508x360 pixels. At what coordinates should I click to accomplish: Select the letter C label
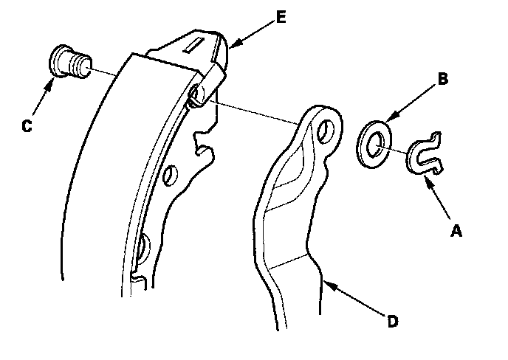[26, 125]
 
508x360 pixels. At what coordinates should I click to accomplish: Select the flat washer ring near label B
[374, 145]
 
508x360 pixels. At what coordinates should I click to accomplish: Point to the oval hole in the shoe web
[169, 175]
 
